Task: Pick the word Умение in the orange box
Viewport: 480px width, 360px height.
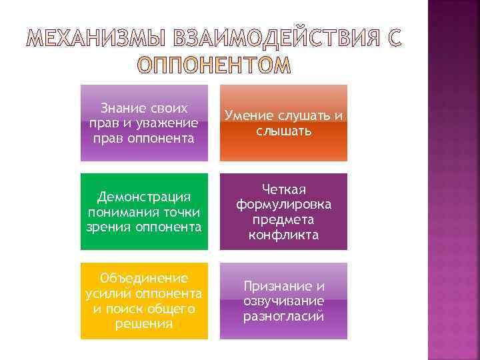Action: click(249, 116)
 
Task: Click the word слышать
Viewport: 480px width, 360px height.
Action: click(284, 131)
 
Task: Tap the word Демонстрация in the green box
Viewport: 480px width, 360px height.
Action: click(144, 197)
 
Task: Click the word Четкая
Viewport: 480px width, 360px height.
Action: click(284, 189)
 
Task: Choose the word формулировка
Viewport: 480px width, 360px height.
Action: click(284, 204)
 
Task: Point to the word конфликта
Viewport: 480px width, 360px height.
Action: click(284, 235)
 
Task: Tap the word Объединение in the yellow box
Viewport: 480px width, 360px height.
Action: click(144, 278)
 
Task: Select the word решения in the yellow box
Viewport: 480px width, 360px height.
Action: click(144, 324)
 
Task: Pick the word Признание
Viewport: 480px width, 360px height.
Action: click(284, 286)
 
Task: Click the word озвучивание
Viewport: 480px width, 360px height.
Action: click(284, 301)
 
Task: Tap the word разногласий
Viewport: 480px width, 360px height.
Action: click(284, 316)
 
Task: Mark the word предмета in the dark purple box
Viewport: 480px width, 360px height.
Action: click(284, 219)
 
